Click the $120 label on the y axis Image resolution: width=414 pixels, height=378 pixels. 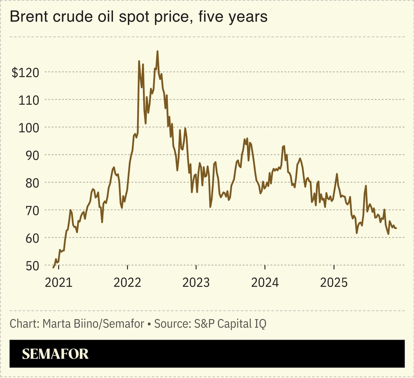coord(25,73)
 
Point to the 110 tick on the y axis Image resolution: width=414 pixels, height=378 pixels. coord(28,100)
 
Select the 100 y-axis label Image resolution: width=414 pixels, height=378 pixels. coord(28,128)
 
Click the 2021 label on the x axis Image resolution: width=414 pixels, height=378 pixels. coord(58,283)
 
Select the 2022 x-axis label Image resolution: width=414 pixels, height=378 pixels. coord(127,283)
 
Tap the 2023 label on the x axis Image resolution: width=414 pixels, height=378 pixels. coord(196,283)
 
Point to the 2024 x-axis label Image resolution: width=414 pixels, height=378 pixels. coord(265,283)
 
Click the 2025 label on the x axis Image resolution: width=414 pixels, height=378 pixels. coord(334,283)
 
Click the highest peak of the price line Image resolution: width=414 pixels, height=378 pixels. coord(157,51)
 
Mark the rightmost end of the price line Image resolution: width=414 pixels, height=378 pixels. coord(396,228)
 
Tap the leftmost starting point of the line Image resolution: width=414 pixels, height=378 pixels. coord(54,267)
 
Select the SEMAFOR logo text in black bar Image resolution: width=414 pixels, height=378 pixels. coord(55,354)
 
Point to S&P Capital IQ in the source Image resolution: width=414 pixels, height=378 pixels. coord(230,324)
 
